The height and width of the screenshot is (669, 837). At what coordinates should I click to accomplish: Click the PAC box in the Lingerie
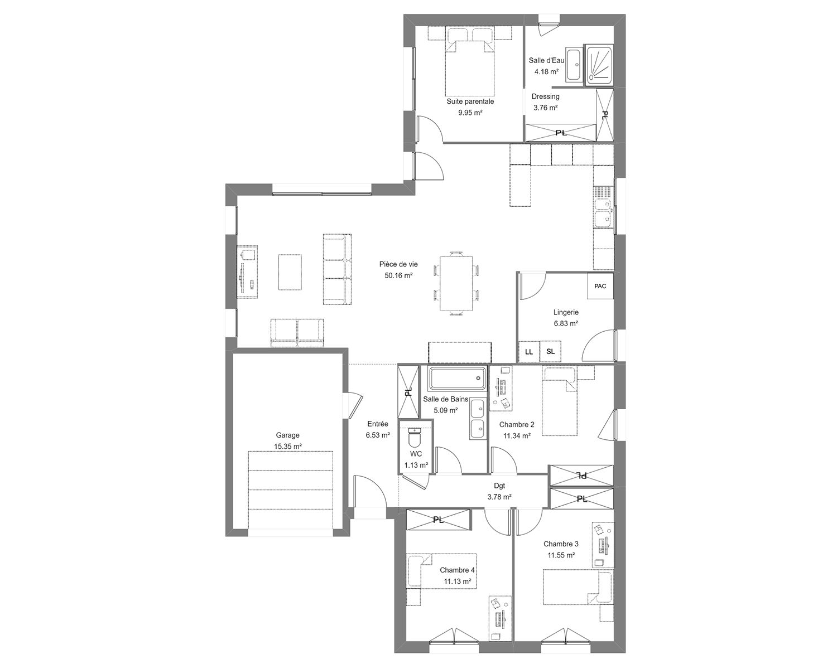point(600,285)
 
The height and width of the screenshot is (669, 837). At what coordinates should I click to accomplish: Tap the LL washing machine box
point(529,351)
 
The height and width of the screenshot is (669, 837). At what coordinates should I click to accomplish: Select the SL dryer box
point(550,351)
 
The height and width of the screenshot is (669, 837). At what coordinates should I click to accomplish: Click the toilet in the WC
point(415,438)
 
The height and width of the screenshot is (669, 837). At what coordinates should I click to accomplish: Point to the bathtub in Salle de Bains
point(458,378)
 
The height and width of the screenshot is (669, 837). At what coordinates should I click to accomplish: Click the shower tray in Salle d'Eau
point(599,65)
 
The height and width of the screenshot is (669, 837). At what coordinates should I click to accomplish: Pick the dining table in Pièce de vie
point(456,283)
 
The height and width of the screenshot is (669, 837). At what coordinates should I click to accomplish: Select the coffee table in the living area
point(290,272)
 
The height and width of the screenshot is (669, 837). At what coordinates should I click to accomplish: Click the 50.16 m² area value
point(398,275)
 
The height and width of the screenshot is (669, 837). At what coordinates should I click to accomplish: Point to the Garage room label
point(288,435)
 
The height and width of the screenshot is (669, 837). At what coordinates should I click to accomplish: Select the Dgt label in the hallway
point(499,486)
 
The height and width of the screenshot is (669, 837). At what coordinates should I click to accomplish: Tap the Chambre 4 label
point(457,570)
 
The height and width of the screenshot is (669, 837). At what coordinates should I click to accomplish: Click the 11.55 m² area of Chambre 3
point(561,555)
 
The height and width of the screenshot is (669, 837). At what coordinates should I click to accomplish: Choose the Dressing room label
point(545,96)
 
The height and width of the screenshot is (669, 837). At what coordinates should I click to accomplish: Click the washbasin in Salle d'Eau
point(573,65)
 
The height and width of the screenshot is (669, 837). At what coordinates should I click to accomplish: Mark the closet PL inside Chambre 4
point(439,520)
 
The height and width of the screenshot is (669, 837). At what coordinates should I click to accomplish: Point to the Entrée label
point(377,424)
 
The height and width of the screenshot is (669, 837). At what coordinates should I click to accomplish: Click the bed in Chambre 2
point(559,401)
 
